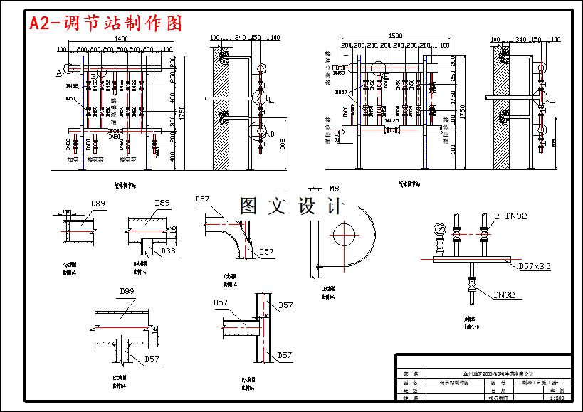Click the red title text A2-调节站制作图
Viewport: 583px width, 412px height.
105,23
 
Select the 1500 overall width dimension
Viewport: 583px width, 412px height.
396,36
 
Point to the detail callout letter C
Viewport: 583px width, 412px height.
271,99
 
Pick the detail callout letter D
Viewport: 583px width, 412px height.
272,133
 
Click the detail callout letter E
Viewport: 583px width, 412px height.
552,99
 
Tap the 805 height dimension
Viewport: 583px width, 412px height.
283,144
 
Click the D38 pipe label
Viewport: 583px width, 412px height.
168,251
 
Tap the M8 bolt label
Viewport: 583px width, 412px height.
335,189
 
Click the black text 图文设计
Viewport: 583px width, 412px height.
292,206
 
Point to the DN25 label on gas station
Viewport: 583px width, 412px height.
391,120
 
